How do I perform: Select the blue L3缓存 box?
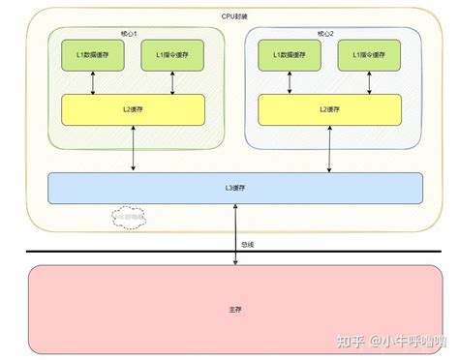pyautogui.click(x=234, y=188)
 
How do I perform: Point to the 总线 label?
pyautogui.click(x=249, y=244)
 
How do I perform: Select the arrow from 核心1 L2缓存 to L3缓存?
pyautogui.click(x=134, y=151)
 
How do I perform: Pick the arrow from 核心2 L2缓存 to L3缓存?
pyautogui.click(x=329, y=151)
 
